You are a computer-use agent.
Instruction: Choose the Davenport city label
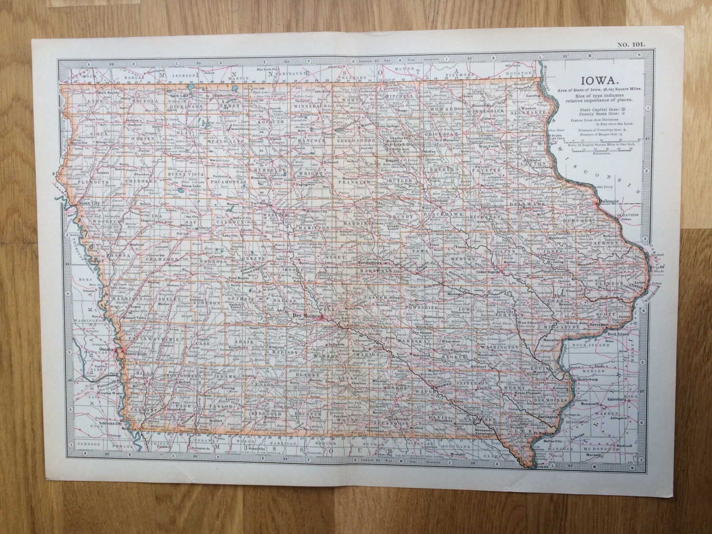600,324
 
